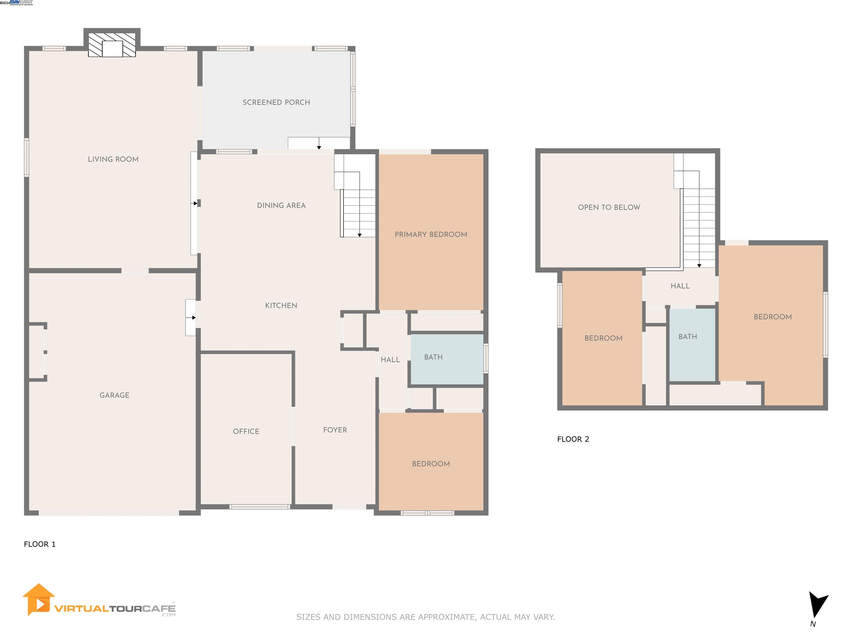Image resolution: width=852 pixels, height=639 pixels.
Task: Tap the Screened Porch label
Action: (276, 102)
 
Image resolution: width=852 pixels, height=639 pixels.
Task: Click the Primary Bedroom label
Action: (431, 234)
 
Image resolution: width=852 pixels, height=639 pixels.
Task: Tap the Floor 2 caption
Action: (573, 439)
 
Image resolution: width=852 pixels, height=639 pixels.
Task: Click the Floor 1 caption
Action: (40, 544)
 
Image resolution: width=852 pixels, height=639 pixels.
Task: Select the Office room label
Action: (246, 431)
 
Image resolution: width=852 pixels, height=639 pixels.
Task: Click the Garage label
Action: (114, 395)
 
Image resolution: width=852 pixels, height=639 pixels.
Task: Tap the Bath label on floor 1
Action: (433, 357)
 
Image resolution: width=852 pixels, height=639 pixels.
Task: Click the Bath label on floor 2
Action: (688, 337)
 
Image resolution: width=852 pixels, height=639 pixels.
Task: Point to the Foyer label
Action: (335, 430)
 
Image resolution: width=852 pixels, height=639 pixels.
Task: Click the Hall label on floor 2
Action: (680, 286)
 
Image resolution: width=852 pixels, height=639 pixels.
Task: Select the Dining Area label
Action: (281, 205)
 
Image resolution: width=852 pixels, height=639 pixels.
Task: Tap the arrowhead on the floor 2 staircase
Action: (699, 265)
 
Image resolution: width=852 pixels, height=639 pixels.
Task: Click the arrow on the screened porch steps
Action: (319, 147)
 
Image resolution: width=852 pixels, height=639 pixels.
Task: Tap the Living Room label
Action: (113, 159)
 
